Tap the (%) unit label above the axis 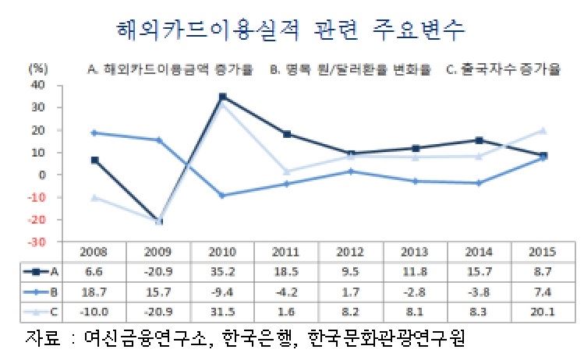coord(38,69)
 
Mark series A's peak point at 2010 coord(223,97)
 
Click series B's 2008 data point coord(94,133)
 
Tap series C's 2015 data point coord(543,130)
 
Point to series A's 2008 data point coord(94,160)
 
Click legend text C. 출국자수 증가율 coord(504,69)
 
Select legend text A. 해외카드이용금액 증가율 coord(170,69)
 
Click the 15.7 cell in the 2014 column coord(478,271)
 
